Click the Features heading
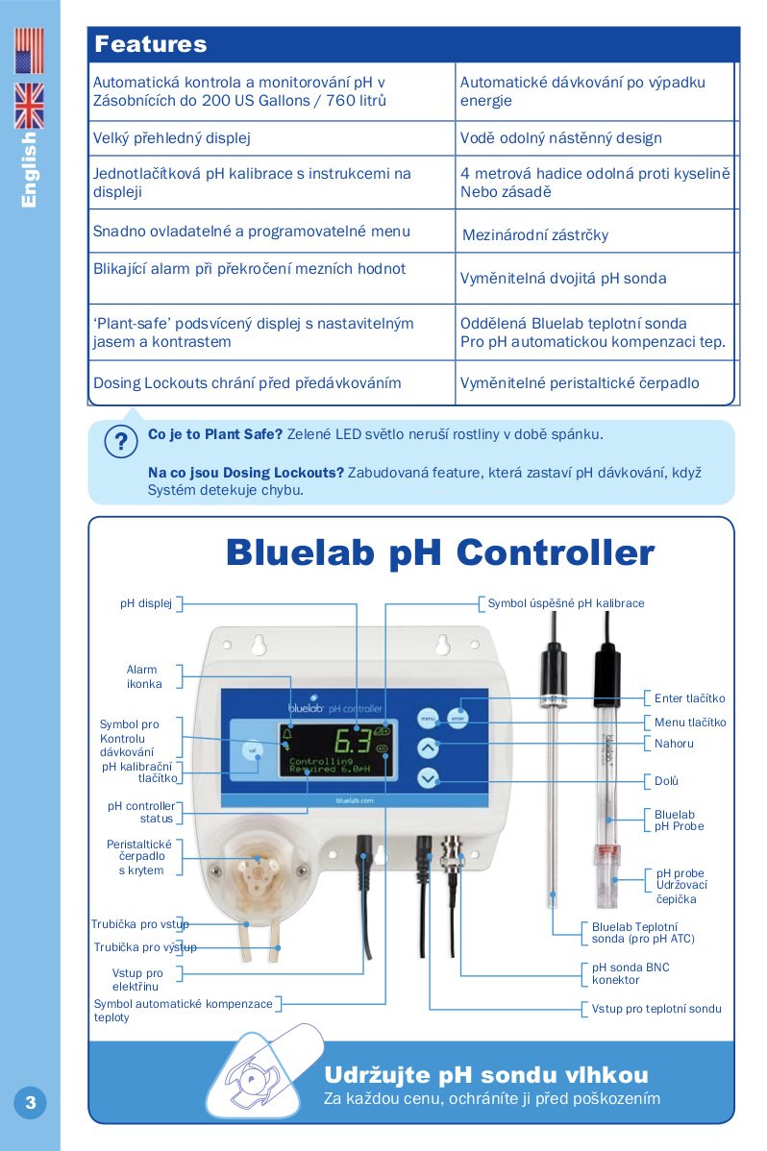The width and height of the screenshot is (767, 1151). pos(150,44)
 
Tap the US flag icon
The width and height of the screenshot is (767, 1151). pos(29,51)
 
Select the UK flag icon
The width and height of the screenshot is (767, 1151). pos(29,105)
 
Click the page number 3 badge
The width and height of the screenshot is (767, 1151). pos(30,1102)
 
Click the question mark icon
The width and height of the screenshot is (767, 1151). pos(121,442)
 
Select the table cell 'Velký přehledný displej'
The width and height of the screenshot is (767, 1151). pos(171,137)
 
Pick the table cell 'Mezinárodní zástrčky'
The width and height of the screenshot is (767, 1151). pos(534,234)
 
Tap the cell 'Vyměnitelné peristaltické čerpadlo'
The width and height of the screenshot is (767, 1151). pos(580,382)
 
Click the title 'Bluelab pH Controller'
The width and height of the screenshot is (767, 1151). pos(439,552)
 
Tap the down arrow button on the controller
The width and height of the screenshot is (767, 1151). pos(428,779)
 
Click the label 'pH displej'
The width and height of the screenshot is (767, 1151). pos(145,603)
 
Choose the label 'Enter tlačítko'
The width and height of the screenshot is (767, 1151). pos(689,698)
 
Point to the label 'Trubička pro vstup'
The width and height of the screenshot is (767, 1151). pos(140,923)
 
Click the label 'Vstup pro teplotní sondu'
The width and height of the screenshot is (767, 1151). pos(656,1009)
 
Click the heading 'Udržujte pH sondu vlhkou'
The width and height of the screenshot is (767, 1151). pos(486,1074)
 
